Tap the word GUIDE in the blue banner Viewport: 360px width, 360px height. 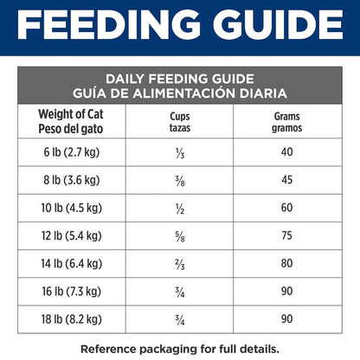(278, 24)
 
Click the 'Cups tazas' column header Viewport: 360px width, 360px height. (180, 122)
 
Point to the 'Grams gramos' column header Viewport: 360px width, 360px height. (287, 122)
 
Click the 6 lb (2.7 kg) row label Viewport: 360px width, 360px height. (72, 152)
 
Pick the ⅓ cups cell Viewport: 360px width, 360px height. (180, 153)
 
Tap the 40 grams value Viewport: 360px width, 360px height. (287, 152)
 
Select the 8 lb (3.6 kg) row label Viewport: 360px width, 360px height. (72, 180)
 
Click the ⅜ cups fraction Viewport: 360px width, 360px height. (180, 181)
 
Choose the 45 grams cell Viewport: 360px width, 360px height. (287, 180)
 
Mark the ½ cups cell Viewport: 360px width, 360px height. (180, 209)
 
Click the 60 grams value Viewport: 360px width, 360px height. (287, 208)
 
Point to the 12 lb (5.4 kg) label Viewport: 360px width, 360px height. (72, 236)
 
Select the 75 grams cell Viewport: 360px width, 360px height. (287, 235)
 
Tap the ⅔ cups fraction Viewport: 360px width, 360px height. (180, 265)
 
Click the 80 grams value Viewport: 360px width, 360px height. (287, 263)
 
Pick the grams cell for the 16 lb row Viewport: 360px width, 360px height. (287, 291)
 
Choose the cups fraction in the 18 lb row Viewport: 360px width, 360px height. (180, 320)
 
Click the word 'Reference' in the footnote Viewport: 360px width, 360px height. (109, 349)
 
